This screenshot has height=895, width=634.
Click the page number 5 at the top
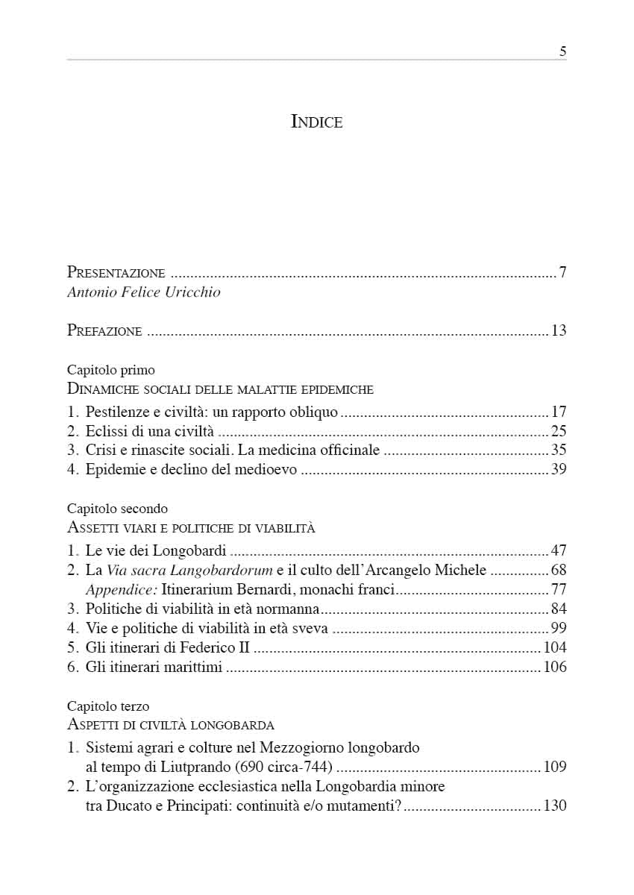(562, 51)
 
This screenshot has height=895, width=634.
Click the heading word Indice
(316, 122)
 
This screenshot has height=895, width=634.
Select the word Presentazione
(116, 273)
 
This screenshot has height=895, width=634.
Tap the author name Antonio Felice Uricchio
(144, 292)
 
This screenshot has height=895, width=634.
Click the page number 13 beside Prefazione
(559, 331)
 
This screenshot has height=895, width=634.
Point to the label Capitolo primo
(111, 369)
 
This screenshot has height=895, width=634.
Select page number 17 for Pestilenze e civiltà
(559, 412)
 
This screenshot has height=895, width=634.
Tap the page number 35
(559, 450)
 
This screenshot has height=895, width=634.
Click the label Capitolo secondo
(117, 509)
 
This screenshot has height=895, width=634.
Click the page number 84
(559, 609)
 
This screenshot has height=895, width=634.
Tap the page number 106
(555, 668)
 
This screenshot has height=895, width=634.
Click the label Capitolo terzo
(108, 706)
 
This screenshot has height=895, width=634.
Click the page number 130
(555, 805)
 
